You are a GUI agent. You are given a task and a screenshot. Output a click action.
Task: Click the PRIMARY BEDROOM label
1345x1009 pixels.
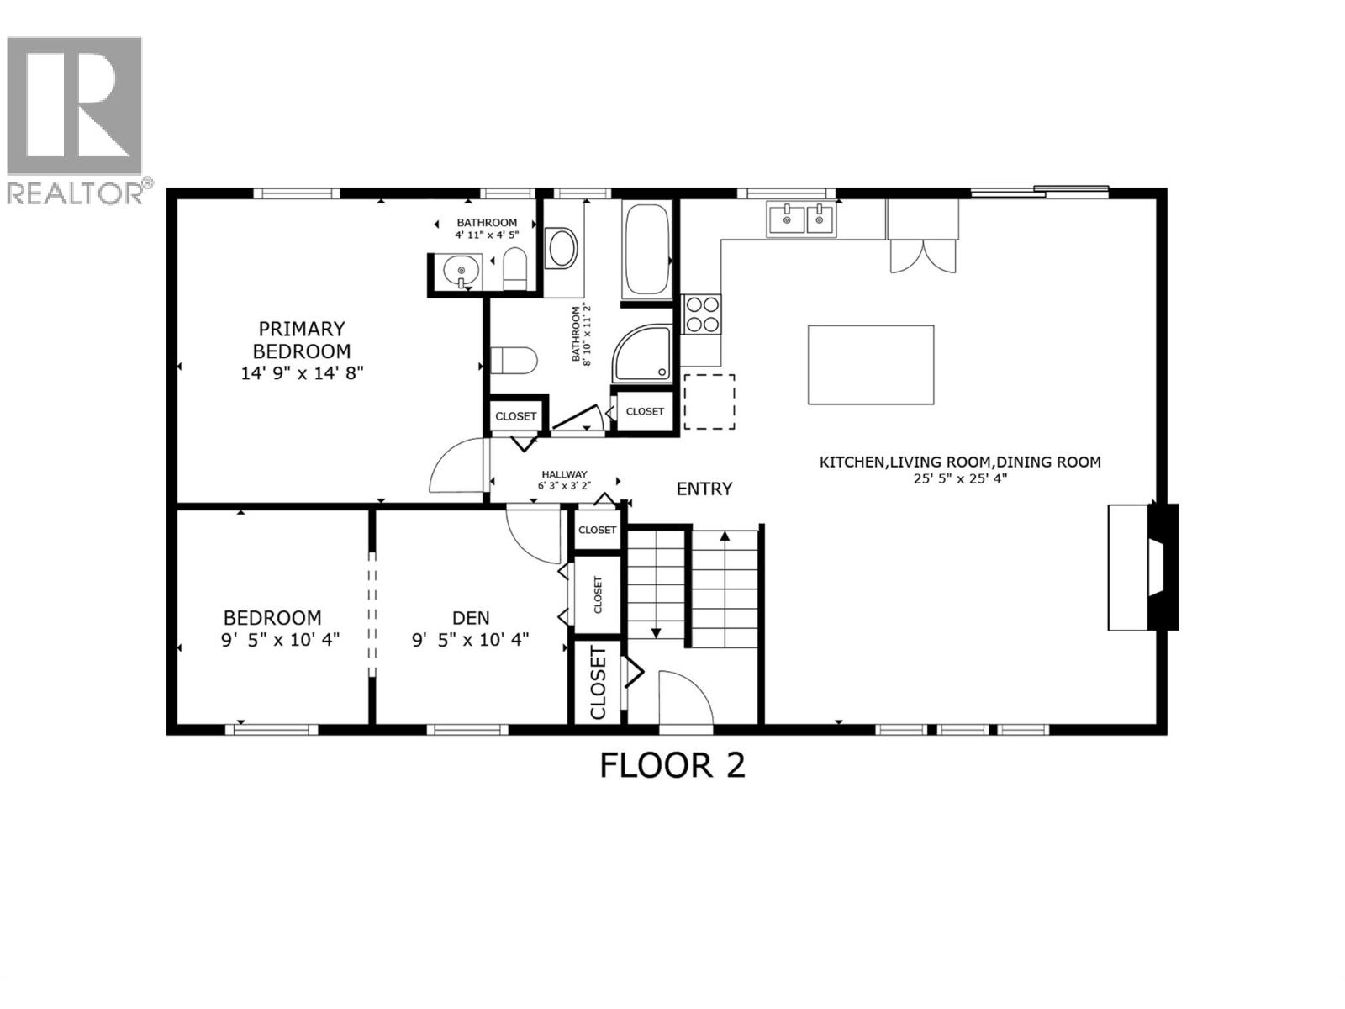[x=302, y=340]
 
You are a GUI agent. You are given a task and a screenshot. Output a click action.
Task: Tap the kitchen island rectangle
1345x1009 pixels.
[x=871, y=365]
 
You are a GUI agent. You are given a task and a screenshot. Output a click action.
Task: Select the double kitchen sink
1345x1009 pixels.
[x=801, y=219]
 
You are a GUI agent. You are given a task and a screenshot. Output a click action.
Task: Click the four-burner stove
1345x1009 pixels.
[x=702, y=314]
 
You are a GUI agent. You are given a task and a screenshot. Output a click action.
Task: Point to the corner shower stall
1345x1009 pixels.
[x=644, y=353]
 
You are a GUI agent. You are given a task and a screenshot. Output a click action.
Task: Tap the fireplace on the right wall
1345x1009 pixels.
[x=1143, y=567]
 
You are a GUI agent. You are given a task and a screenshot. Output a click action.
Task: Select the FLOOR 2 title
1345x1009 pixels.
[x=672, y=766]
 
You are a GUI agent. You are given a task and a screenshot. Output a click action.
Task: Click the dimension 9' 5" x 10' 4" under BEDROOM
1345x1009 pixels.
[x=280, y=640]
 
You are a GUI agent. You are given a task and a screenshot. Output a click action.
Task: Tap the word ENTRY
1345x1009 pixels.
[x=704, y=489]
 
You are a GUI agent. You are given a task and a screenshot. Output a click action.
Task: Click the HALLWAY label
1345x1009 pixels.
[x=564, y=474]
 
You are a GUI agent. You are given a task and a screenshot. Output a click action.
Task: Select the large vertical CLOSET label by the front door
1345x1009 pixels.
[x=599, y=683]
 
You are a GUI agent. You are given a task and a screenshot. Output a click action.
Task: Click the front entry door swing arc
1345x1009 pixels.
[x=683, y=696]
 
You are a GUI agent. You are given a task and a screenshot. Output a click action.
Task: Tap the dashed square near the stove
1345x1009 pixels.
[x=709, y=402]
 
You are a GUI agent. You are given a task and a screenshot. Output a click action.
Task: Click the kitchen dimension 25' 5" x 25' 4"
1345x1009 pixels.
[x=960, y=478]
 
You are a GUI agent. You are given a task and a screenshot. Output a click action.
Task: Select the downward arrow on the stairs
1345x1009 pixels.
[x=656, y=632]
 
